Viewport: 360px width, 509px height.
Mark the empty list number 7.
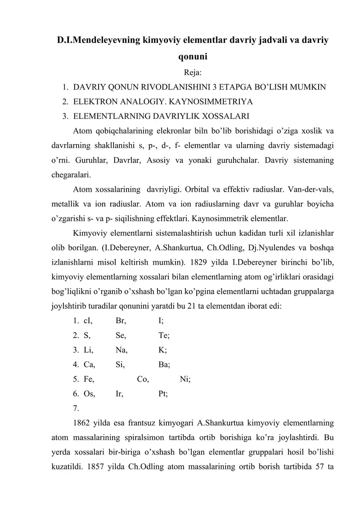(75, 408)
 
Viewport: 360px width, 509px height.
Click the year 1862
(81, 423)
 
